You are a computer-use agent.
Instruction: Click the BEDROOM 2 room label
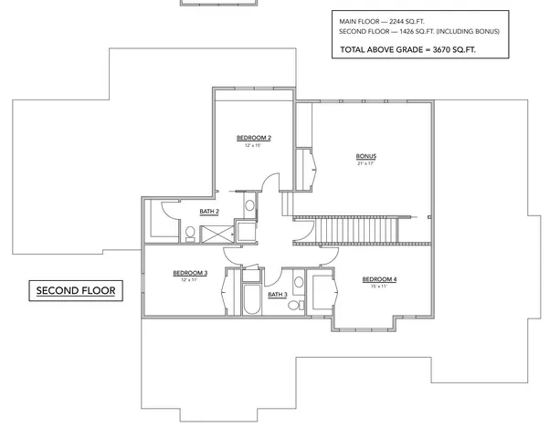253,138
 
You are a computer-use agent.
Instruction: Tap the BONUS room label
365,156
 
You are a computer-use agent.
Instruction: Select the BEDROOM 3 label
190,273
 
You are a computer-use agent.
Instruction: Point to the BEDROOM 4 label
379,278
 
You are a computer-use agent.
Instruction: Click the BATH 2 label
208,212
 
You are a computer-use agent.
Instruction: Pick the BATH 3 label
278,294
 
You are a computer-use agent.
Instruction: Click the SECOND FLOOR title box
73,291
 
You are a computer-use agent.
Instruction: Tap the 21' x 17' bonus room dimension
365,163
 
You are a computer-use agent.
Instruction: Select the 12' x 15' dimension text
253,146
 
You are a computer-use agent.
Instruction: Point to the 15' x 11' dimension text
379,287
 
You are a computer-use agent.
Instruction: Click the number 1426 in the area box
414,31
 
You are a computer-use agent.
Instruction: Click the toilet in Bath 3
295,307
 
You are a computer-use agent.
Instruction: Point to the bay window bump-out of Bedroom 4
365,324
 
